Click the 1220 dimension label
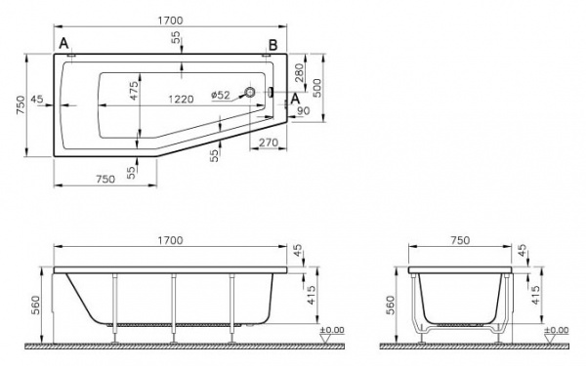[181, 100]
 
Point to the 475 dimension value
[134, 91]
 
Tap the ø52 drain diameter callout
[221, 96]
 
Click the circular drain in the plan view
[249, 92]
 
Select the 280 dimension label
[300, 73]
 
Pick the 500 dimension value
[316, 88]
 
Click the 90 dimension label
[304, 110]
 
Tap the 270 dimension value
[269, 142]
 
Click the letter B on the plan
[273, 45]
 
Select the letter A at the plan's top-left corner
[64, 44]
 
